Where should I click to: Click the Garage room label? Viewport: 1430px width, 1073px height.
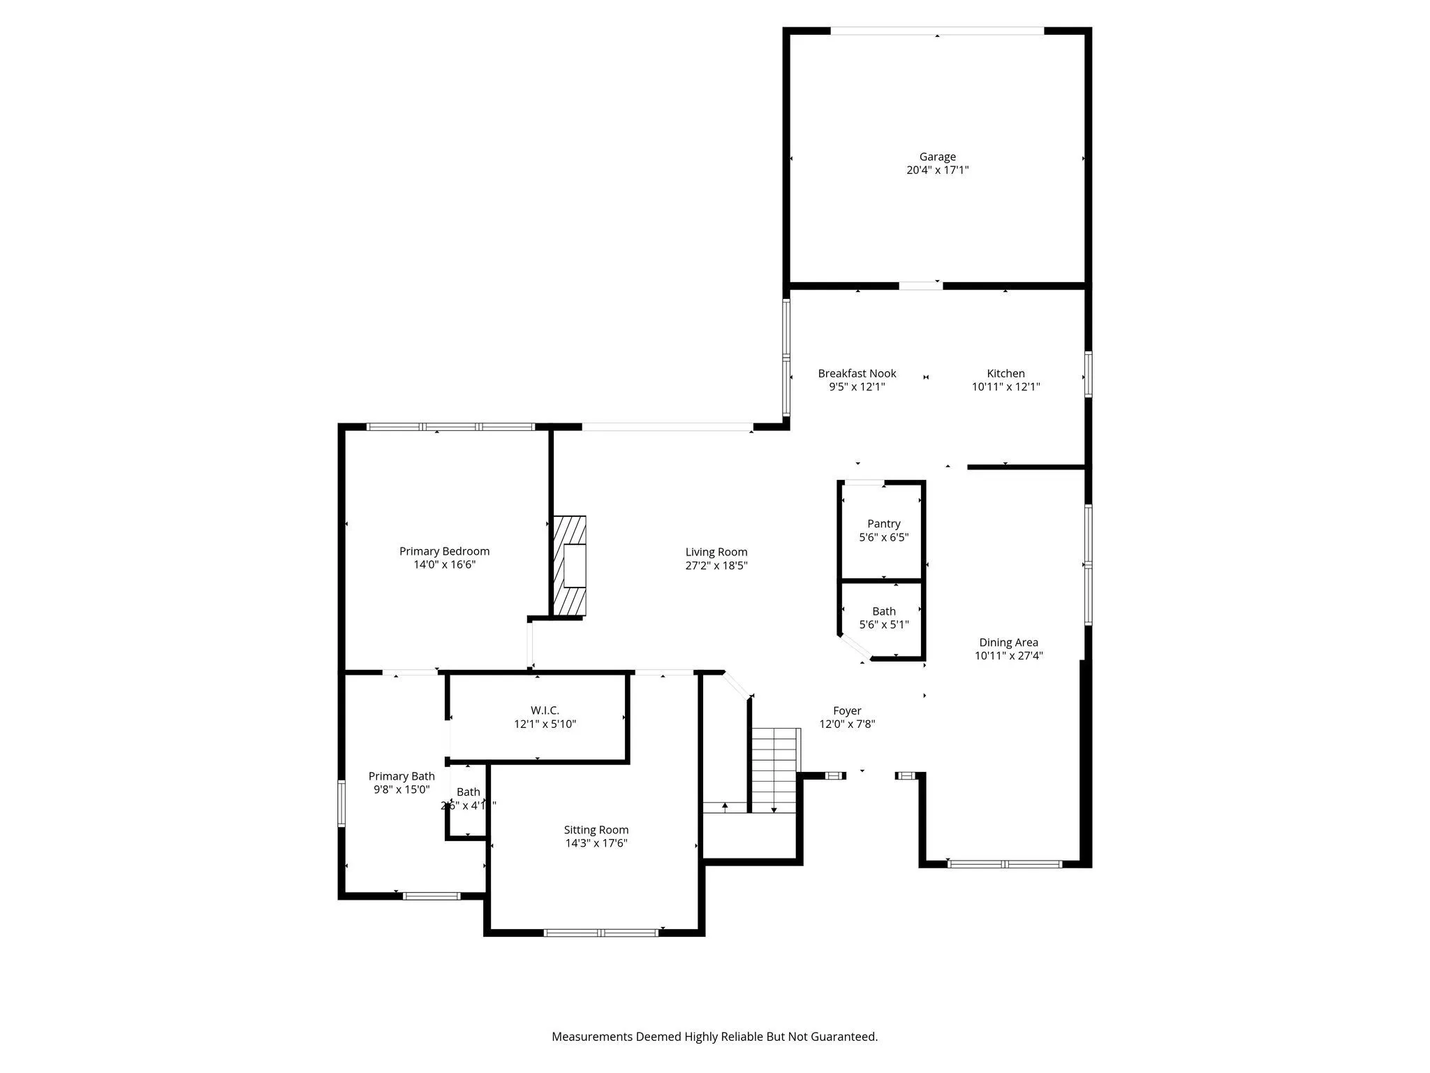point(937,157)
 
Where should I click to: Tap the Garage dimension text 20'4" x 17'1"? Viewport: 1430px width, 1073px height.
point(937,170)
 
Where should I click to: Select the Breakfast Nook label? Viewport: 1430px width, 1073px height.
point(857,374)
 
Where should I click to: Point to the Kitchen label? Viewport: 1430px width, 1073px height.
point(1005,374)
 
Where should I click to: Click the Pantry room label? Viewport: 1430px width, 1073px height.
point(883,524)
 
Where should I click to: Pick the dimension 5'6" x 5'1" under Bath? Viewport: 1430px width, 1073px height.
point(883,625)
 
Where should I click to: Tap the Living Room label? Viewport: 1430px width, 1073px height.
point(716,552)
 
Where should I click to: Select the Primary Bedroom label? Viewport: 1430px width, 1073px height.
point(444,551)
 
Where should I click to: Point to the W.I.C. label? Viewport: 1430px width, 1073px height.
point(545,710)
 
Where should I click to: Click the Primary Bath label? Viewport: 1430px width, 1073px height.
point(401,776)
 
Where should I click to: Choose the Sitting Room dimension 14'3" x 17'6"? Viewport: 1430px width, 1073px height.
point(596,843)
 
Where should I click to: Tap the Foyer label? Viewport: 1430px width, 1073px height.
point(847,710)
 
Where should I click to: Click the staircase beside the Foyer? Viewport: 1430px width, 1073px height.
point(775,768)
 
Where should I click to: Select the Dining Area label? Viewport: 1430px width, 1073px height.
point(1008,642)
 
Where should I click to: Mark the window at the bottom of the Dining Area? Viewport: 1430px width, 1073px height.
point(1005,864)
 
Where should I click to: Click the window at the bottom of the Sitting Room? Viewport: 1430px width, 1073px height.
point(601,932)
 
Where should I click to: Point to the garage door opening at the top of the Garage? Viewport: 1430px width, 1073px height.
point(936,31)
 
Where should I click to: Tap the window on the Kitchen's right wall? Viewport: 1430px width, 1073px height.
point(1088,374)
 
